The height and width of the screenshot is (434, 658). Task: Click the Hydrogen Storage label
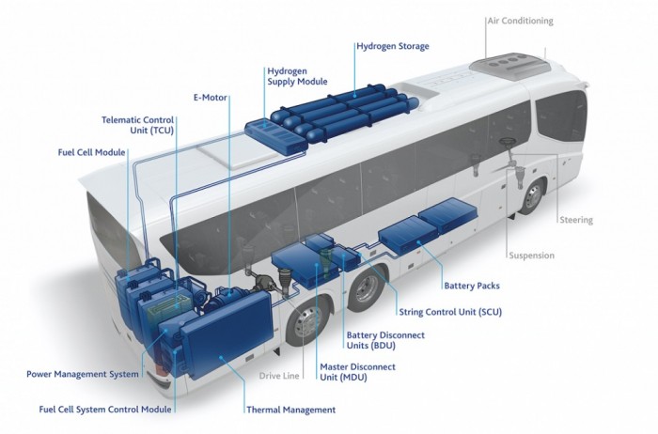pos(393,46)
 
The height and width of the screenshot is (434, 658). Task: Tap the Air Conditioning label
pos(521,21)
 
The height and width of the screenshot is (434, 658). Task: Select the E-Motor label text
pos(211,98)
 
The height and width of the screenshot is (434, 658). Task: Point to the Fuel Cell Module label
pos(91,152)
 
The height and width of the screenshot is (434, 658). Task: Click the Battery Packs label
pos(472,286)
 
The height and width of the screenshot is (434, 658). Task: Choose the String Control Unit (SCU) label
pos(450,312)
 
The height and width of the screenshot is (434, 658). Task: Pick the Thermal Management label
pos(291,410)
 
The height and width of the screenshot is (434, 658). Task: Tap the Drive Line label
pos(279,376)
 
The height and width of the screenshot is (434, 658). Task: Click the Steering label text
pos(576,220)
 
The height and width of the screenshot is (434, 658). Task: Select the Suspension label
pos(532,256)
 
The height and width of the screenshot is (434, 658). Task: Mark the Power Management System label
pos(83,374)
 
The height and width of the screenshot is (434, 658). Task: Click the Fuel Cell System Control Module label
pos(105,410)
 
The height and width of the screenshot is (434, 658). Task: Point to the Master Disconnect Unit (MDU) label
pos(357,372)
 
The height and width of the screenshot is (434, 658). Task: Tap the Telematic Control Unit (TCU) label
pos(137,125)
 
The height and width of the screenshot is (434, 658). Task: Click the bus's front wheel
pos(533,196)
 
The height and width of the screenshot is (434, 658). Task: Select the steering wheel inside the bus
pos(509,142)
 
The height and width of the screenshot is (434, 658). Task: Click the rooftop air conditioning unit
pos(509,66)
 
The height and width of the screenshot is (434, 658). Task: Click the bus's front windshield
pos(562,117)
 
